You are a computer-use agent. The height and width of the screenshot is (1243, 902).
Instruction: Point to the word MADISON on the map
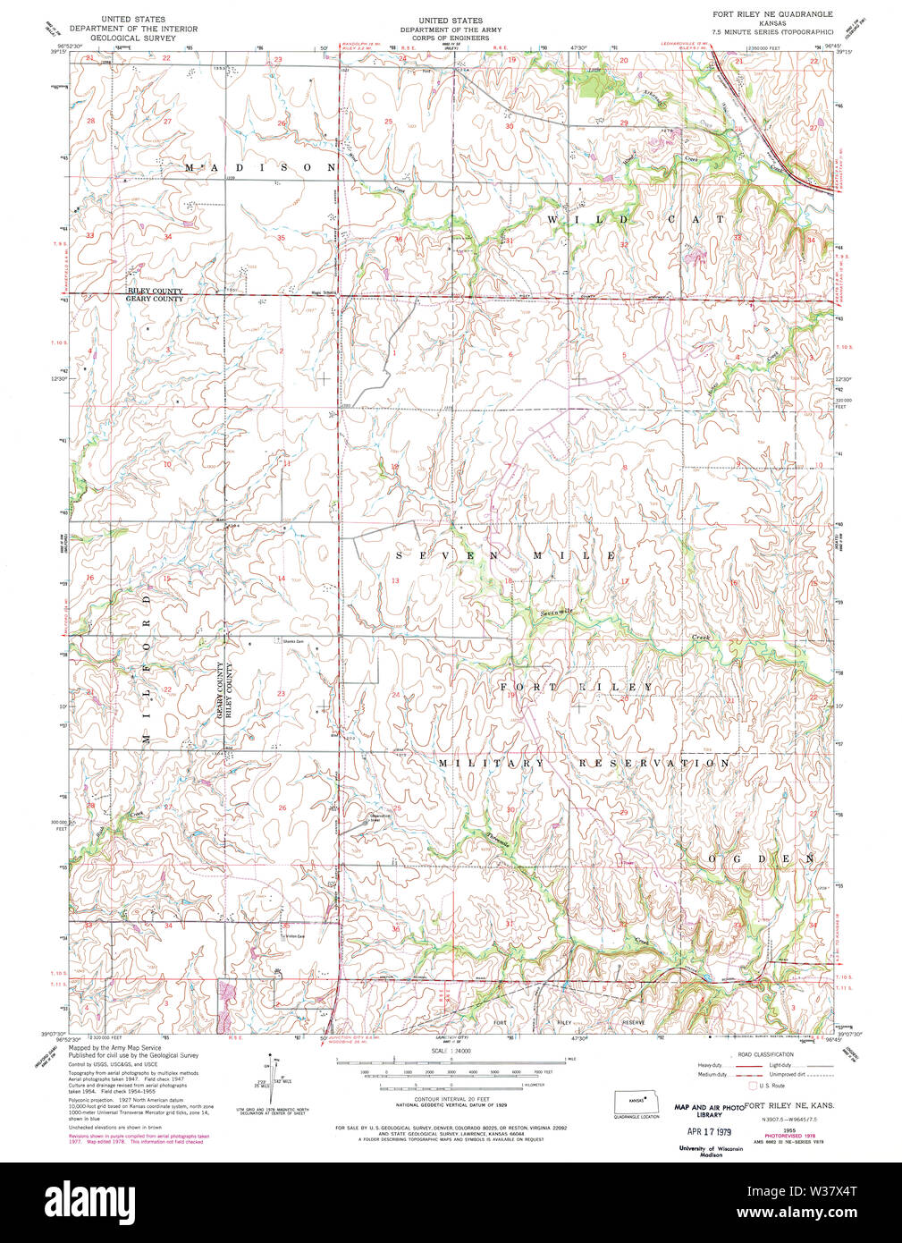pyautogui.click(x=260, y=167)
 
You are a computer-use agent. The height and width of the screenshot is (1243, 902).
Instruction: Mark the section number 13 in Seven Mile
pyautogui.click(x=395, y=581)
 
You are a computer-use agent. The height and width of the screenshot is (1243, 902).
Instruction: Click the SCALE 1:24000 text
pyautogui.click(x=451, y=1051)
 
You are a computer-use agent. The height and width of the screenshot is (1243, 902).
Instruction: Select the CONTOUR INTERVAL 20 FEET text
pyautogui.click(x=451, y=1099)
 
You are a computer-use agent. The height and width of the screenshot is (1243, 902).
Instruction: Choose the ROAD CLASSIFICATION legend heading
pyautogui.click(x=764, y=1054)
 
